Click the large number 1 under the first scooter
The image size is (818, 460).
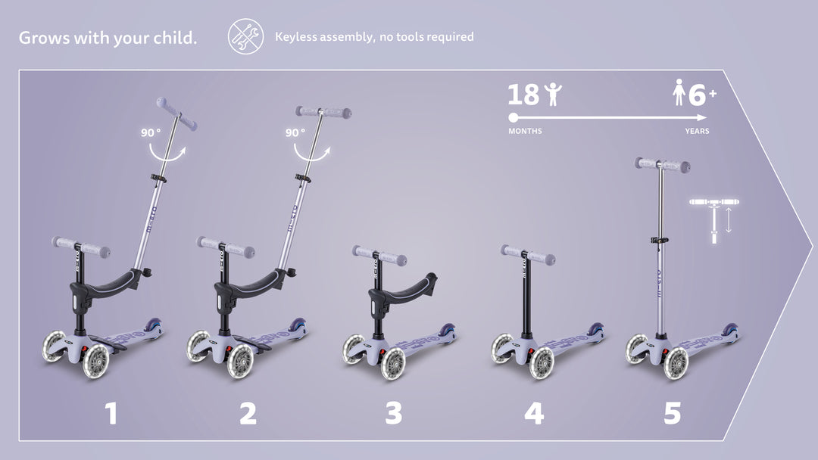[111, 414]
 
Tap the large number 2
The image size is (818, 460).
[248, 414]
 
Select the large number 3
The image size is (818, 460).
[394, 414]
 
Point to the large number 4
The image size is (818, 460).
[534, 414]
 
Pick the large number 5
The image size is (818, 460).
[673, 414]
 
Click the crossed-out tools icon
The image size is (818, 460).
[245, 36]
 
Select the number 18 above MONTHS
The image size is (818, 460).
[523, 95]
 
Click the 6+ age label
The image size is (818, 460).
[702, 95]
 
